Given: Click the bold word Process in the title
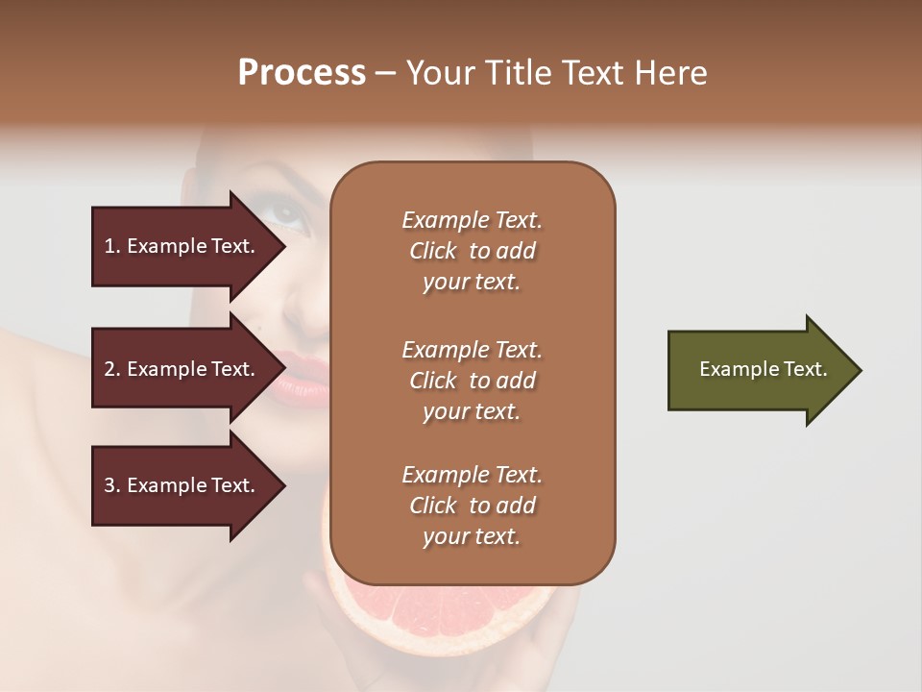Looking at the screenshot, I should tap(302, 73).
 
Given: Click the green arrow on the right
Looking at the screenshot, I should tap(759, 370).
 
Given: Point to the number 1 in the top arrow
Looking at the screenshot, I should tap(109, 246).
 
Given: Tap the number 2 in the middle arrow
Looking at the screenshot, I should tap(109, 369).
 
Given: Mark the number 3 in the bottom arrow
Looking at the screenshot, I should tap(109, 485).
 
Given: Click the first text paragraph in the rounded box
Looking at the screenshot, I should tap(472, 251).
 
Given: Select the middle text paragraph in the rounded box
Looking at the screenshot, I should tap(472, 380).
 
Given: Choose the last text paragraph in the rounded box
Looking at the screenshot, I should tap(472, 506).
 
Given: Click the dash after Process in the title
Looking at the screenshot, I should tap(386, 73).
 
